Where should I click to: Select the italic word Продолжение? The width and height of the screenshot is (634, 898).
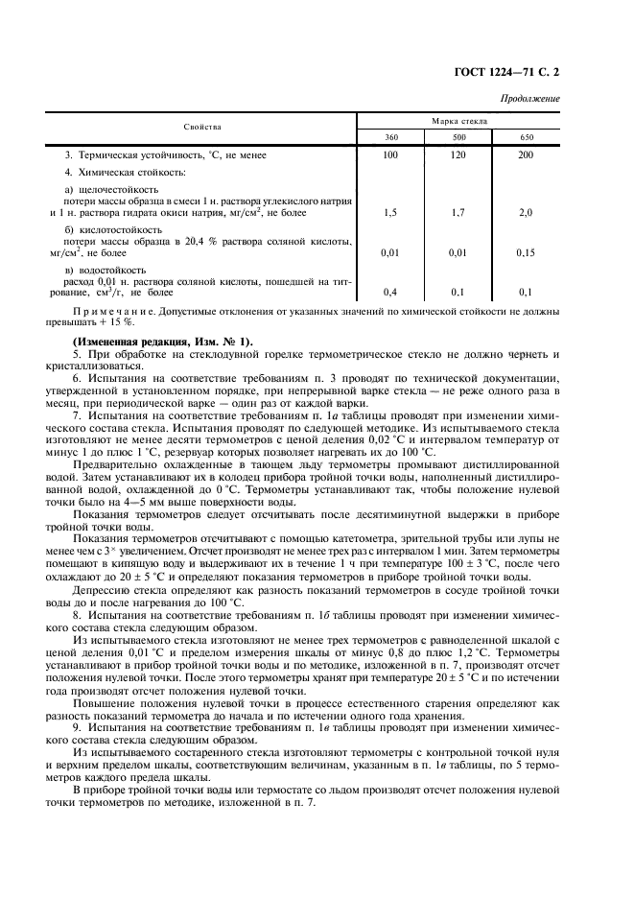[531, 99]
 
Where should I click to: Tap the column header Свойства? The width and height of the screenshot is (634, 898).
[202, 128]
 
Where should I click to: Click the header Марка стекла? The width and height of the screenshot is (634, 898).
[458, 121]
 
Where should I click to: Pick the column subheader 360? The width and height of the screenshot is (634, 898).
[390, 138]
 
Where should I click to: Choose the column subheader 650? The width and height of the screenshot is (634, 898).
[526, 138]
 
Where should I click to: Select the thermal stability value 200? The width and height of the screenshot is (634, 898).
[526, 154]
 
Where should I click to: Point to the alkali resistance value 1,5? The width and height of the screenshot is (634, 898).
[390, 212]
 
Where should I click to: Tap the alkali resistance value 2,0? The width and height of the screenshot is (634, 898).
[526, 212]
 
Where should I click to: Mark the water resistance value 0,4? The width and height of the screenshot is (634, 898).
[390, 292]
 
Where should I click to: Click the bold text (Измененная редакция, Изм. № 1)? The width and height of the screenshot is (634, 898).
[157, 343]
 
